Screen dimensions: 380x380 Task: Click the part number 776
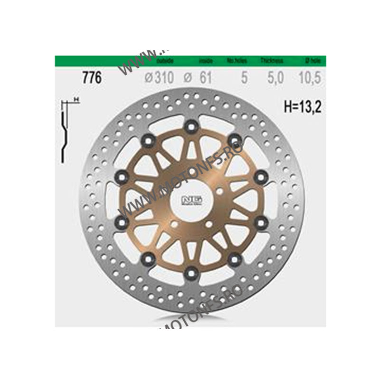[x=92, y=77]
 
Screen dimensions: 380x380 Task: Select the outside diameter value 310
[x=163, y=77]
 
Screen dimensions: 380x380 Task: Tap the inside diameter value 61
[x=205, y=77]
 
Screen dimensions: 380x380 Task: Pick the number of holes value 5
[x=244, y=77]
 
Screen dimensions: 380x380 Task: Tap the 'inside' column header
[x=206, y=61]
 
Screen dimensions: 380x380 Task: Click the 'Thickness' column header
[x=272, y=61]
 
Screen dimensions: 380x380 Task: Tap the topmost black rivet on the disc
[x=191, y=126]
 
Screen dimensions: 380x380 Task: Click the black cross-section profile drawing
[x=64, y=133]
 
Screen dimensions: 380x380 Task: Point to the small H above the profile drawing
[x=75, y=99]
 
